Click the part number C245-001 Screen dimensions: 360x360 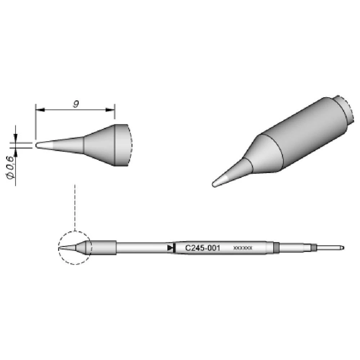202,248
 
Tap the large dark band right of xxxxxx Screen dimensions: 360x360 276,248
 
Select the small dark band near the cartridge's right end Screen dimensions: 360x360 314,248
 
